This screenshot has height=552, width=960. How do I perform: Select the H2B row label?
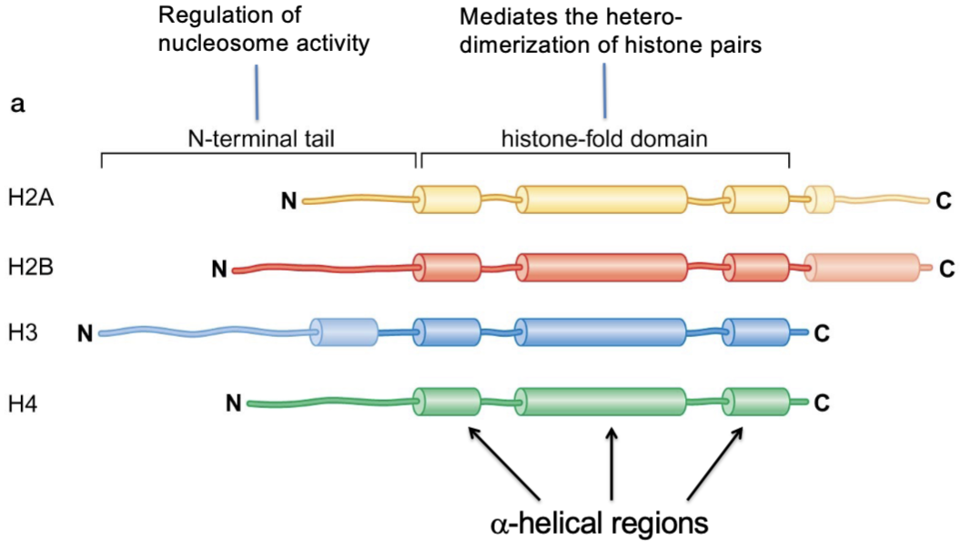pyautogui.click(x=31, y=267)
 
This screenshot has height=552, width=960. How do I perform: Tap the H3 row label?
pyautogui.click(x=23, y=332)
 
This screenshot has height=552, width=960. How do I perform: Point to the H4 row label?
pyautogui.click(x=23, y=404)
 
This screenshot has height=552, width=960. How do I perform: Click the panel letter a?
pyautogui.click(x=18, y=104)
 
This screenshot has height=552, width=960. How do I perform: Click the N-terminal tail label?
pyautogui.click(x=261, y=139)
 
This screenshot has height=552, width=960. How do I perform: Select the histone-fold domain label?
pyautogui.click(x=604, y=139)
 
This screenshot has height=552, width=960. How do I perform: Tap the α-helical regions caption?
pyautogui.click(x=600, y=523)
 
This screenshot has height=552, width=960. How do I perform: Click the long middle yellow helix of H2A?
pyautogui.click(x=601, y=199)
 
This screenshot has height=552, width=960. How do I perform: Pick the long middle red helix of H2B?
pyautogui.click(x=601, y=268)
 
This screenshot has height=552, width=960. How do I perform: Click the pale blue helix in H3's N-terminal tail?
pyautogui.click(x=343, y=332)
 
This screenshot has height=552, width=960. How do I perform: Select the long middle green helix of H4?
pyautogui.click(x=601, y=402)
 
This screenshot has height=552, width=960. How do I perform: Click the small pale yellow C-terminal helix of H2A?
pyautogui.click(x=819, y=199)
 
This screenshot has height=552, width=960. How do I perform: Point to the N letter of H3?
pyautogui.click(x=86, y=334)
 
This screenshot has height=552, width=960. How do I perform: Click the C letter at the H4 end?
pyautogui.click(x=822, y=403)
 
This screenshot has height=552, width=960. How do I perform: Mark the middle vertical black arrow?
pyautogui.click(x=611, y=464)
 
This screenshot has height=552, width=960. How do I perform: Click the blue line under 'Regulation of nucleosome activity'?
pyautogui.click(x=257, y=93)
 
